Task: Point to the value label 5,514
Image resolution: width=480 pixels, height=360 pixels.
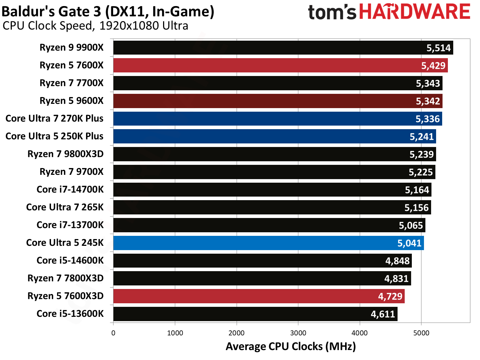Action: (439, 48)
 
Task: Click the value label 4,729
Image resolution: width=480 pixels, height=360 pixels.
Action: (390, 296)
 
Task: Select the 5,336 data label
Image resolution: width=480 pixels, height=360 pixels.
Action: (428, 119)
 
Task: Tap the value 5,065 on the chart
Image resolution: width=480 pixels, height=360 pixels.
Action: (411, 225)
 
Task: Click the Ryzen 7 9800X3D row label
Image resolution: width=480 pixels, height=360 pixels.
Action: (66, 154)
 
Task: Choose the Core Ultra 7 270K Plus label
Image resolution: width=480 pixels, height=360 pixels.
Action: (55, 118)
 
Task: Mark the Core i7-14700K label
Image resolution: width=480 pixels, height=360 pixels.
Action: (70, 189)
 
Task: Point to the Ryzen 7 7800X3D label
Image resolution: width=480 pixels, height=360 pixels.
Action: (66, 278)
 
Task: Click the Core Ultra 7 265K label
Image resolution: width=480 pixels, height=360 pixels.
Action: (65, 207)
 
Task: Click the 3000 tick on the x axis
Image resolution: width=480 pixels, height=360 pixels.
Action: (298, 333)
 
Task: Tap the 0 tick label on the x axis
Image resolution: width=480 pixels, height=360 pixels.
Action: (113, 333)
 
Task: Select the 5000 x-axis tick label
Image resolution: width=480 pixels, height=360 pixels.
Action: (421, 333)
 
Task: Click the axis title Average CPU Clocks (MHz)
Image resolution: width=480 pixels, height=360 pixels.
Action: (291, 346)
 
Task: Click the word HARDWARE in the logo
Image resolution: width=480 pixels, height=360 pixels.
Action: (415, 12)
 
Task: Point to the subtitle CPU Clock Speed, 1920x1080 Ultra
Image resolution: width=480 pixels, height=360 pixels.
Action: (95, 26)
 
